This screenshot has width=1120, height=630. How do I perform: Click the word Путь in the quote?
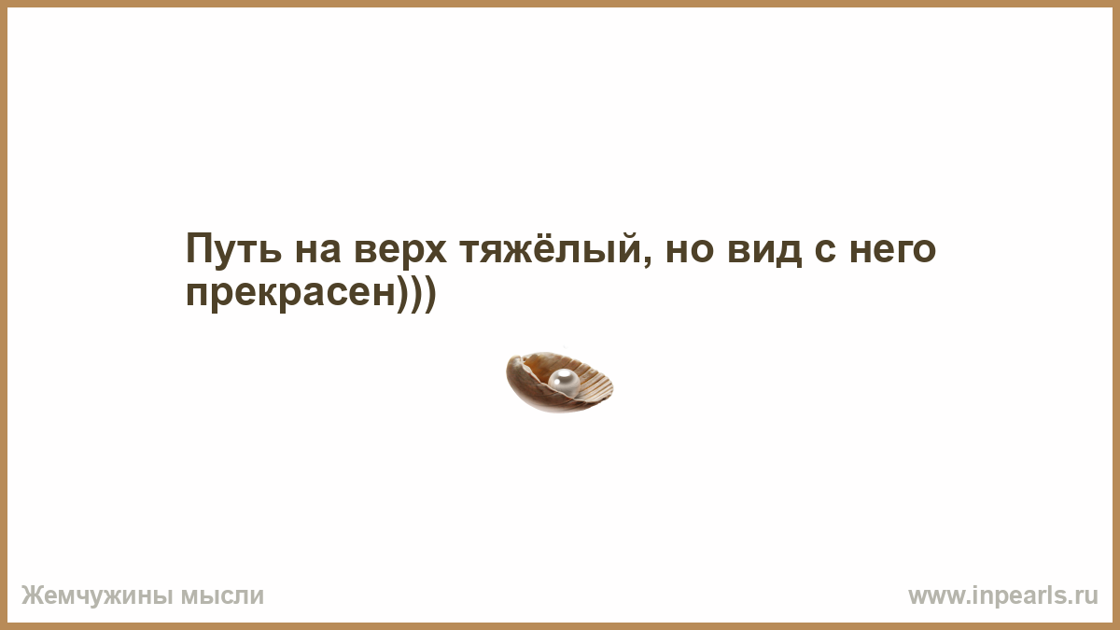coord(233,248)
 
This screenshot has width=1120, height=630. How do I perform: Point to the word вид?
coord(764,249)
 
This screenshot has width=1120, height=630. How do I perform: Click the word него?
coord(892,250)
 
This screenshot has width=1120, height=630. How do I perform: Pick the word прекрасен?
coord(291,294)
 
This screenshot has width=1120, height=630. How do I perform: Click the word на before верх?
coord(318,250)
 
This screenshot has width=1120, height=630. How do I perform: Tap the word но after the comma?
coord(690,250)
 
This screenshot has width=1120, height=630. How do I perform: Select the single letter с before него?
coord(825,250)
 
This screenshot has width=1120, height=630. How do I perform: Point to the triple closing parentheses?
coord(417,294)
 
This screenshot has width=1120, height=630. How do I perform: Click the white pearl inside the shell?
coord(564,382)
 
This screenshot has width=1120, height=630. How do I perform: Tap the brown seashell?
coord(559,382)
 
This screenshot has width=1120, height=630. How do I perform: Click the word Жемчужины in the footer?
coord(97,596)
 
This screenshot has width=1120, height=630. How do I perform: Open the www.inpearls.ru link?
coord(1003,596)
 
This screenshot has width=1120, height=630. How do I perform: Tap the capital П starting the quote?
coord(199,247)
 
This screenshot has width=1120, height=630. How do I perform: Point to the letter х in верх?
coord(433,251)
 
